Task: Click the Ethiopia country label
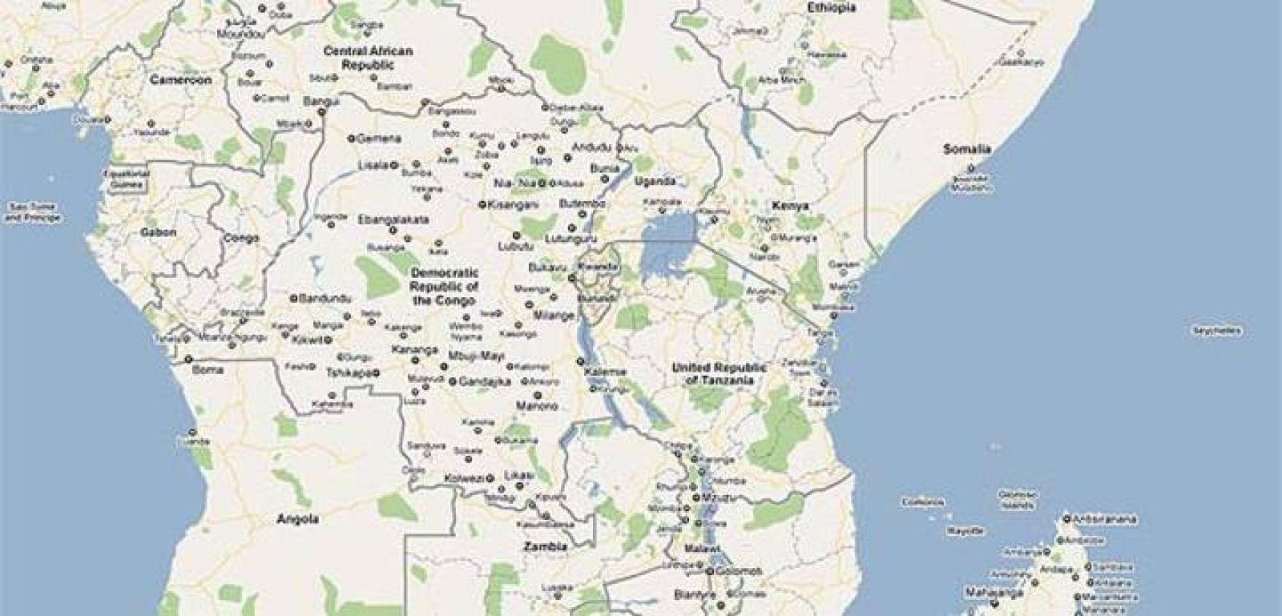[831, 8]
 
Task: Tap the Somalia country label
[966, 149]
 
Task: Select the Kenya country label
[790, 206]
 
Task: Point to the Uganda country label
[655, 181]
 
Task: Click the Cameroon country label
[181, 80]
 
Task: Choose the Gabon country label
[158, 233]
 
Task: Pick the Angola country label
[297, 519]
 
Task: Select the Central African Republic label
[368, 58]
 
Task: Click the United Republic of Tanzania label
[719, 374]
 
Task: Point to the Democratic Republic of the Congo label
[444, 287]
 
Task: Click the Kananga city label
[414, 350]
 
